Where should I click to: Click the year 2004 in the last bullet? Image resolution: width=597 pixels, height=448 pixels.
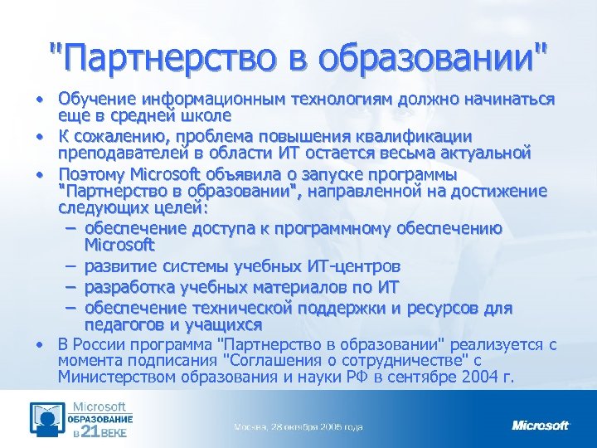tap(478, 377)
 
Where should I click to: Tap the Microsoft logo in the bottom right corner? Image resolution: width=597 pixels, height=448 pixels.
tap(541, 426)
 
